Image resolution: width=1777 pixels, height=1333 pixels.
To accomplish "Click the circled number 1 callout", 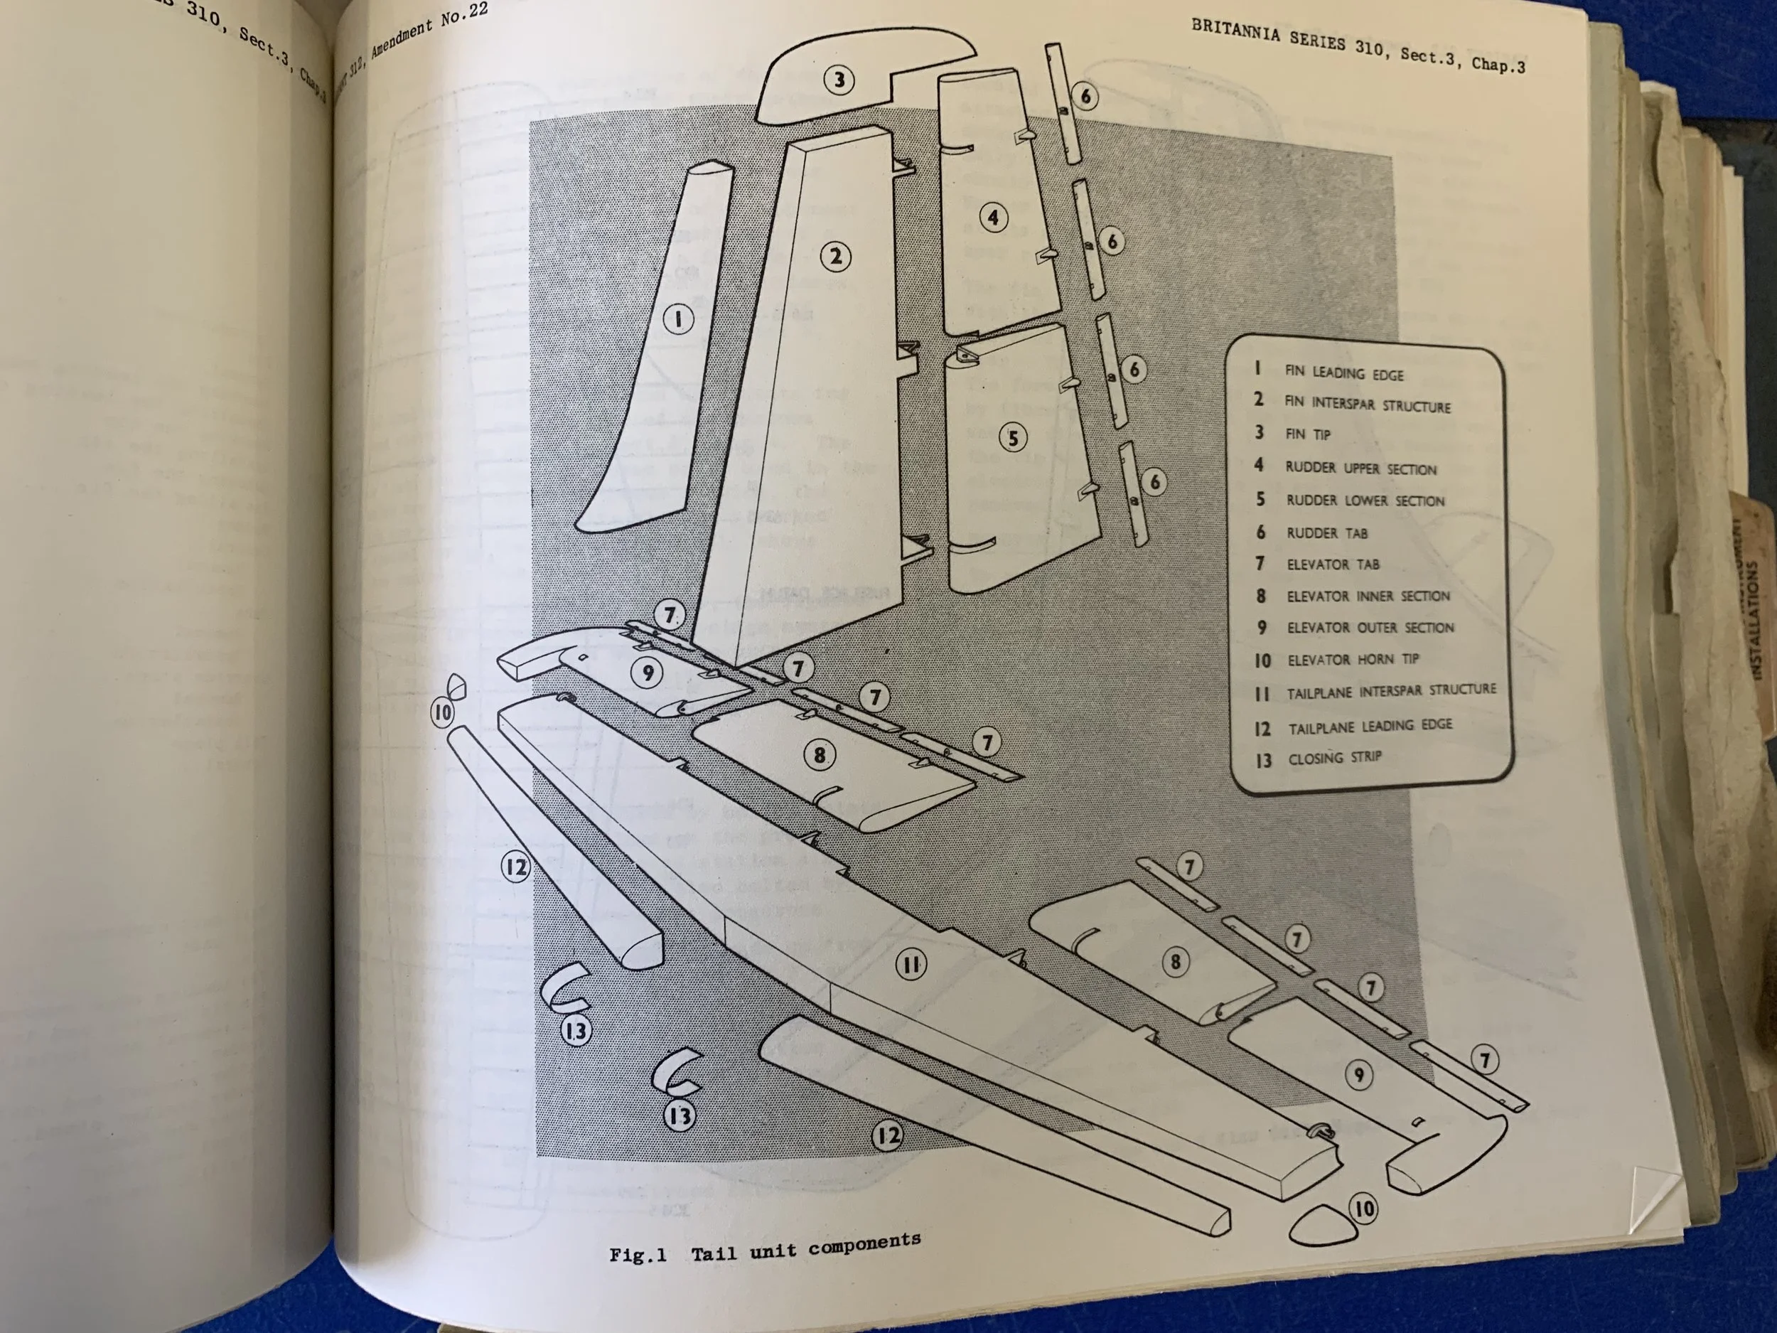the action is click(678, 320).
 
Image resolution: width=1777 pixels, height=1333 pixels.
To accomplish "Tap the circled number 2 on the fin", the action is click(835, 257).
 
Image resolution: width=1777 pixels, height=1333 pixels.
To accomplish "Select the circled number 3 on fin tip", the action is click(839, 80).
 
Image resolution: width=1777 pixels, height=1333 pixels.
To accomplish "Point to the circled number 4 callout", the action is click(994, 217).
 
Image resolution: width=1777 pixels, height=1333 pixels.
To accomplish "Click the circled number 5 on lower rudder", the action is click(1013, 438).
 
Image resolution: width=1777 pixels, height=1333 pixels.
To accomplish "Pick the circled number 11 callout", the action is click(911, 964).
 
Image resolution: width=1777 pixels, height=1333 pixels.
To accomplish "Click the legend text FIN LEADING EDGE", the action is click(1344, 374).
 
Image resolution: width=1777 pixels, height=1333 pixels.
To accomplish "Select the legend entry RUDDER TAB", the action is click(1326, 532).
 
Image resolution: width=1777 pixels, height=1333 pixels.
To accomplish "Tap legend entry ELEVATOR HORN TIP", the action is click(1353, 660).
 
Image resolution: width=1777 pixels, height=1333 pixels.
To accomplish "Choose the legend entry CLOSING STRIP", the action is click(1334, 758).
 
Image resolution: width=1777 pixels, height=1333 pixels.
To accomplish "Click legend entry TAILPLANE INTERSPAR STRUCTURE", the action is click(1392, 691).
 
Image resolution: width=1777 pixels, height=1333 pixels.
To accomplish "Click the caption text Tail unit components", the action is click(806, 1246).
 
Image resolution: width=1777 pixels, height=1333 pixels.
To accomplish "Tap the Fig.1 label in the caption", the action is click(638, 1255).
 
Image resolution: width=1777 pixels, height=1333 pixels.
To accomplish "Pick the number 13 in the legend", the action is click(1264, 759).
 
